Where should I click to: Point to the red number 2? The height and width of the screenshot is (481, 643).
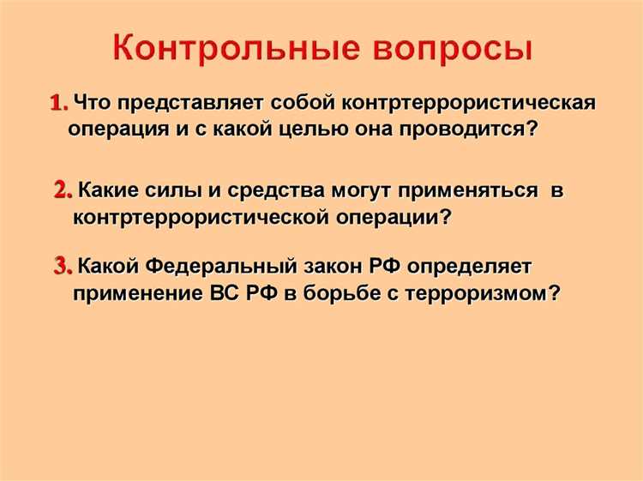[x=63, y=190]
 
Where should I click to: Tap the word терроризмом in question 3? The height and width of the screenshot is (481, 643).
[x=480, y=292]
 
